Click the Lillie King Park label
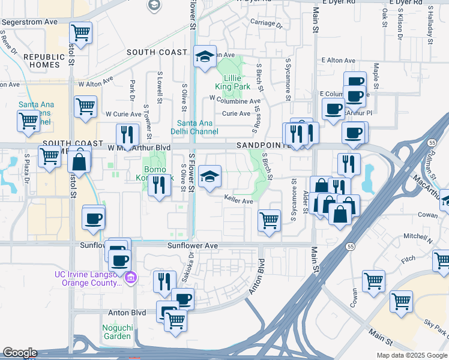coord(237,82)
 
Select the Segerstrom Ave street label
coord(29,22)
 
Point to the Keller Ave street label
coord(238,201)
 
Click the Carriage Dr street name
coord(266,24)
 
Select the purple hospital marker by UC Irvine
coord(130,277)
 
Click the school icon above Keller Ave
coord(209,178)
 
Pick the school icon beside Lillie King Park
coord(205,58)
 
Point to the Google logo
coord(20,353)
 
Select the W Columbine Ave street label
coord(235,98)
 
